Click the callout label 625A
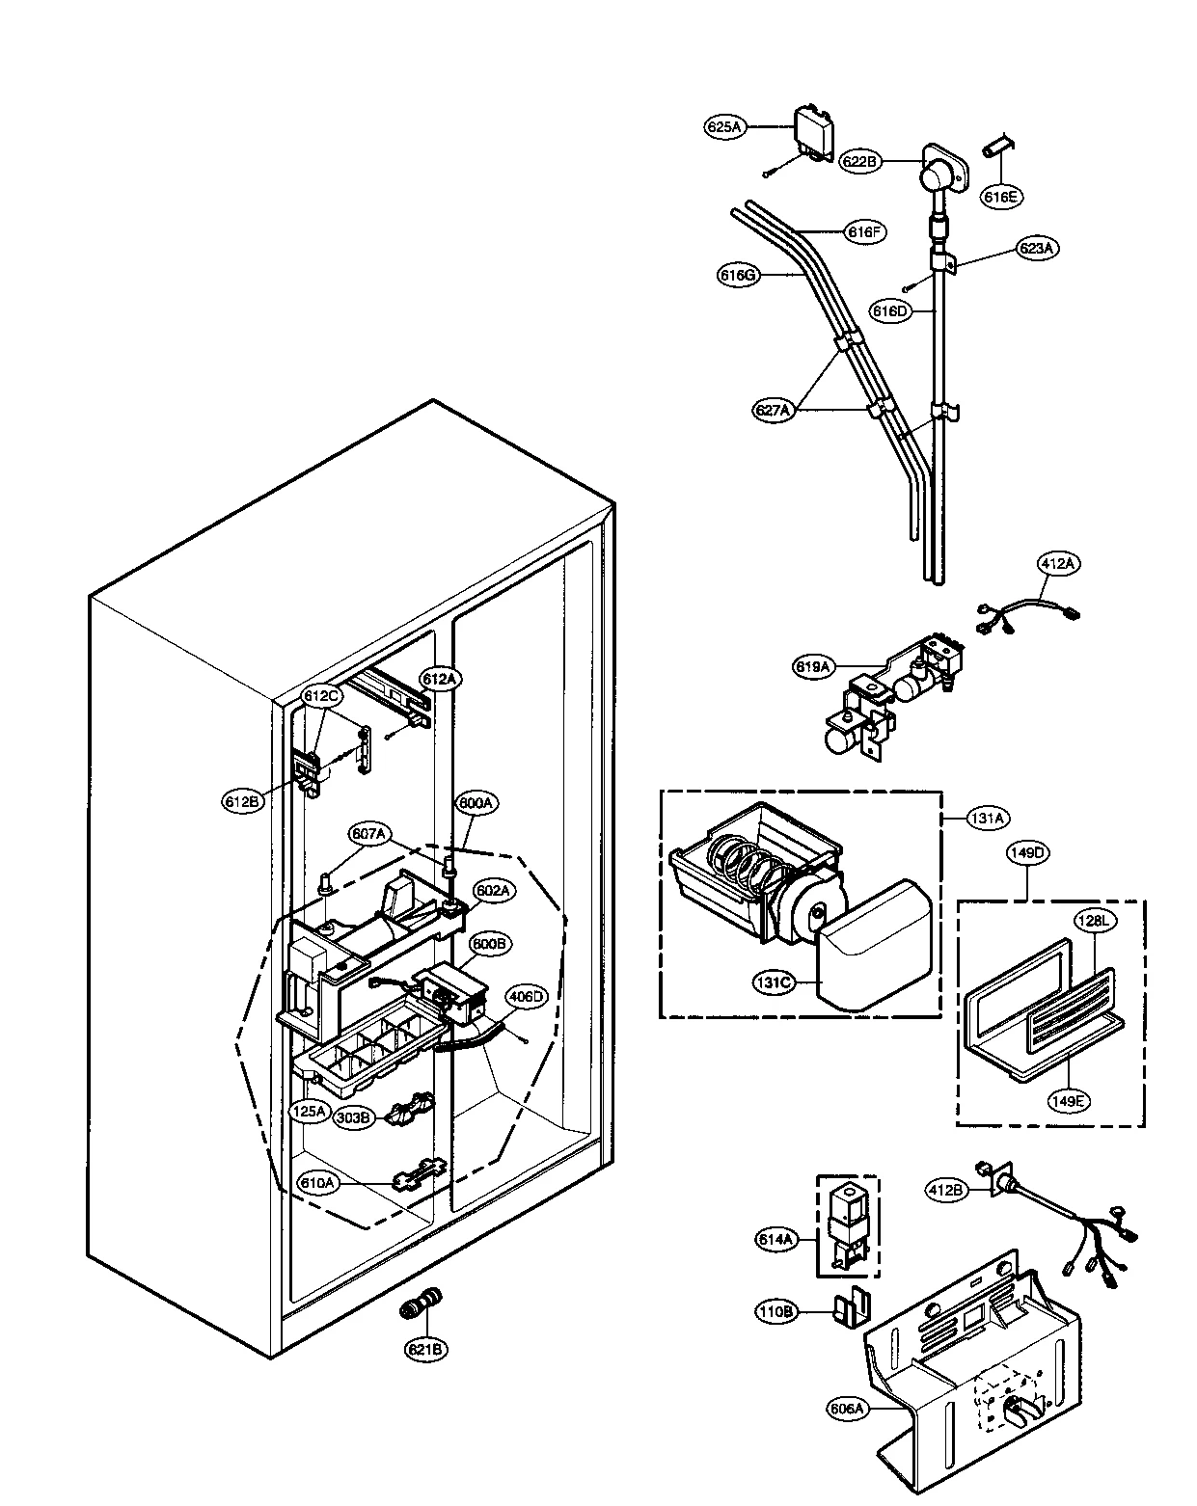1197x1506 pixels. [724, 126]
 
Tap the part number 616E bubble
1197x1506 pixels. [1000, 197]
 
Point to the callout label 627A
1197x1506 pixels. [774, 410]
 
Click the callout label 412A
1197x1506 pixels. [1057, 564]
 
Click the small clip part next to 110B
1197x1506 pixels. [850, 1308]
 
